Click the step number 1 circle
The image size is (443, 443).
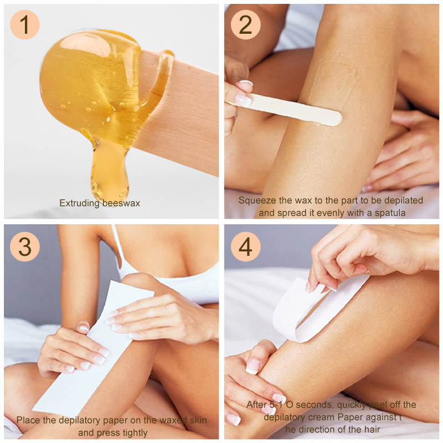click(25, 25)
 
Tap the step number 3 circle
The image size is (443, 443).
click(25, 246)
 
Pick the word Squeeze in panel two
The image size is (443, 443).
click(255, 200)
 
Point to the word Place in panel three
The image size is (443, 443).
click(27, 420)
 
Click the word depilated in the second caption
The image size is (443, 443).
click(403, 200)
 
